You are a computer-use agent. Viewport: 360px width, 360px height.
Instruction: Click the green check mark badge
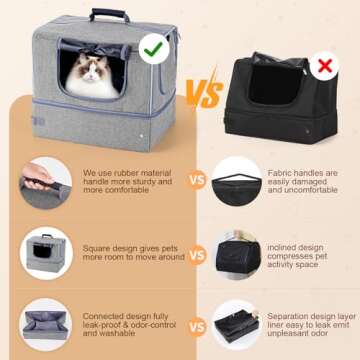153,46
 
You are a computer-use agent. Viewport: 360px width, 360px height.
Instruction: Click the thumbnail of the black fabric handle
237,183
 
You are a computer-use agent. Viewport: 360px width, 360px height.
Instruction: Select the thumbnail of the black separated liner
237,322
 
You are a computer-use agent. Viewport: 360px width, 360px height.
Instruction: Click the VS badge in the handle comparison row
196,183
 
